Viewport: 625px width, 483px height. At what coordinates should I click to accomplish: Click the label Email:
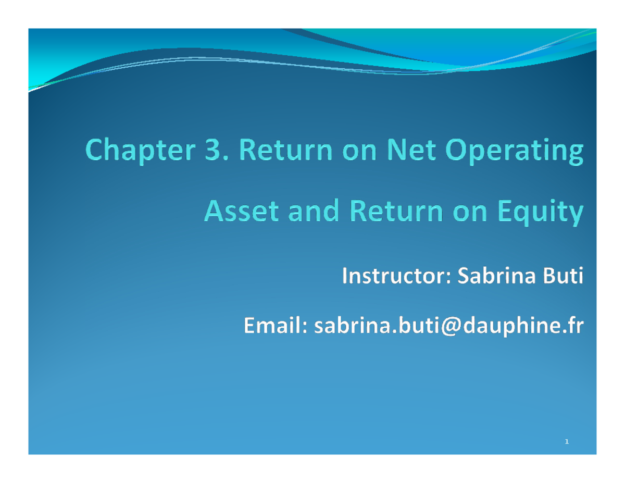274,327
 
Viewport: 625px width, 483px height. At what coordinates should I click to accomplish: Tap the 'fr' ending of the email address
574,327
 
